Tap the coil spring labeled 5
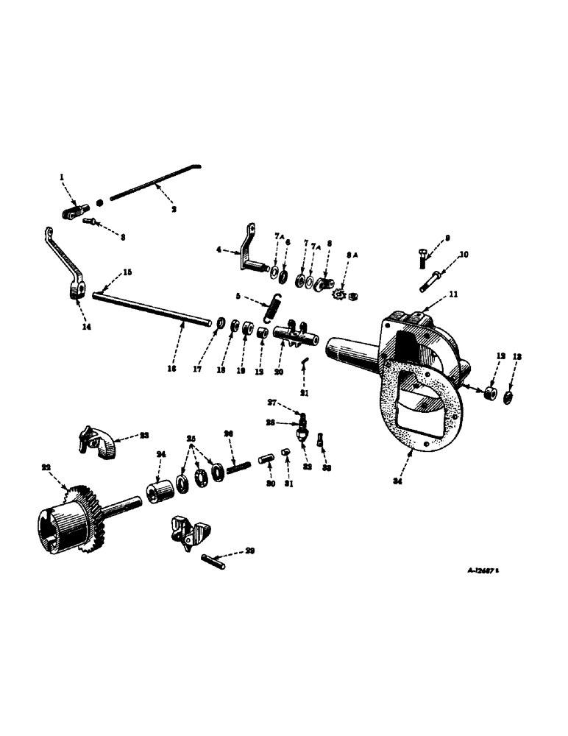pos(272,305)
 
